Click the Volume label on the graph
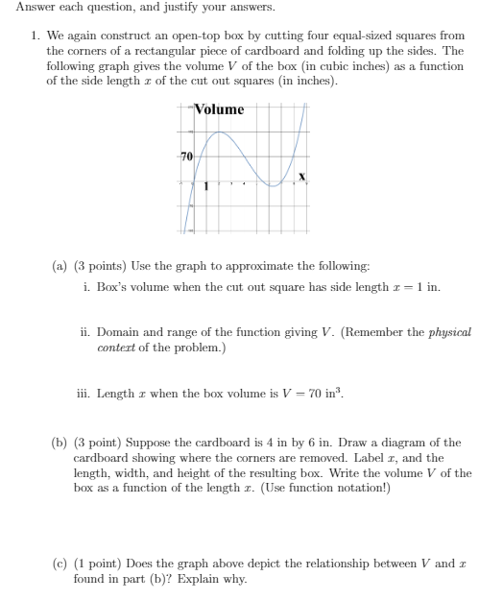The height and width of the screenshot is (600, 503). (219, 109)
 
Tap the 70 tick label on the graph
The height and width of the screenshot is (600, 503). (185, 156)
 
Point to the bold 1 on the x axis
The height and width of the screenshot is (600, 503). (204, 185)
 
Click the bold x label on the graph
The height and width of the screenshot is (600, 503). (301, 177)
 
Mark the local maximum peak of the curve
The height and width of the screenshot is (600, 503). (220, 132)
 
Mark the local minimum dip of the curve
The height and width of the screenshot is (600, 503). (274, 185)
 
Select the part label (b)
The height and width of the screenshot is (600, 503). (60, 443)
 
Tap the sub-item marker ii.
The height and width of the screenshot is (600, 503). (85, 331)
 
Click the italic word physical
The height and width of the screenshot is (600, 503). (450, 331)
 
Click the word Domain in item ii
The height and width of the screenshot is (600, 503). (119, 331)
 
